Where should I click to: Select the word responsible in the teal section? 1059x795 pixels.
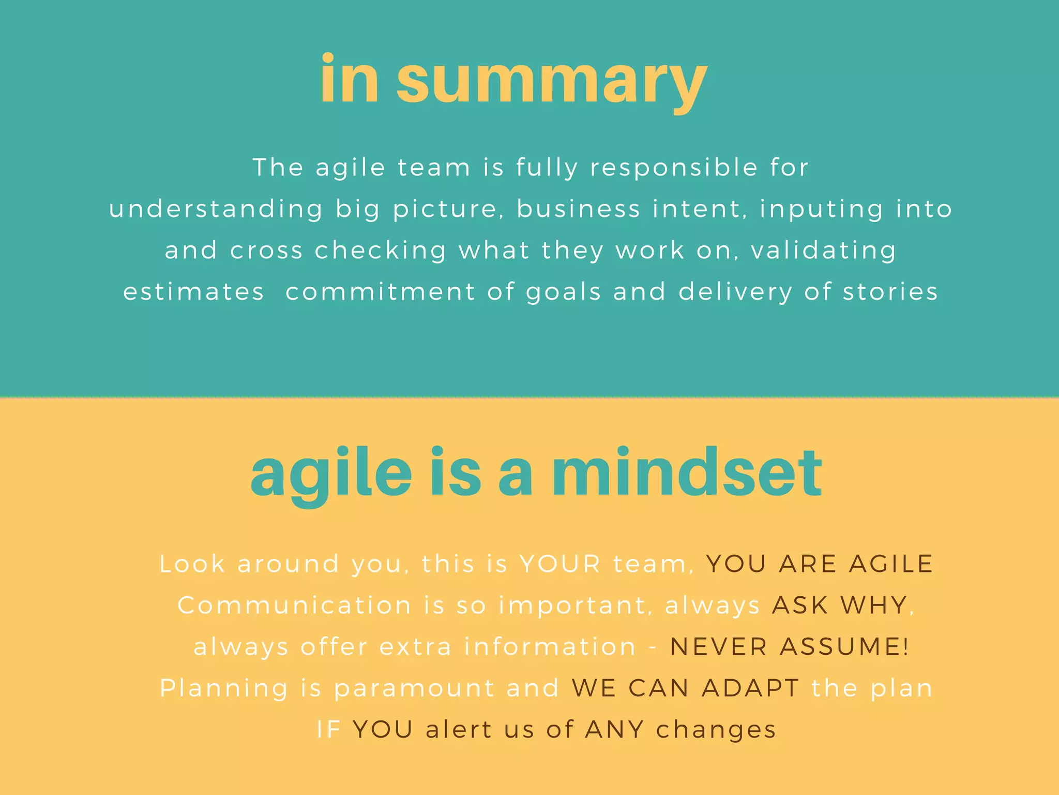[x=674, y=168]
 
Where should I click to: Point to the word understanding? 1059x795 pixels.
[x=216, y=210]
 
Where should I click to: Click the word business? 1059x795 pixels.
[x=579, y=209]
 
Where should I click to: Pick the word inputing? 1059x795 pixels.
[x=821, y=210]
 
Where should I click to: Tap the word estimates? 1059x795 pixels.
[x=194, y=292]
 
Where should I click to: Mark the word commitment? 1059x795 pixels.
[x=380, y=292]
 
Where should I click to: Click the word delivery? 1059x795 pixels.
[x=735, y=292]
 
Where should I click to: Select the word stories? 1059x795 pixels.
[x=890, y=292]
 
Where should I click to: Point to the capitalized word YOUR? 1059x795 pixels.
[x=560, y=564]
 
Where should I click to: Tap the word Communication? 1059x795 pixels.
[x=295, y=605]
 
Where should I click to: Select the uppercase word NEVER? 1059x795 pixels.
[x=719, y=646]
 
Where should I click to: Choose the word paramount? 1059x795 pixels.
[x=414, y=688]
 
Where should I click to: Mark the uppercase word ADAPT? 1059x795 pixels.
[x=751, y=688]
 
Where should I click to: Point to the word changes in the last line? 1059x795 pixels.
[x=716, y=730]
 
